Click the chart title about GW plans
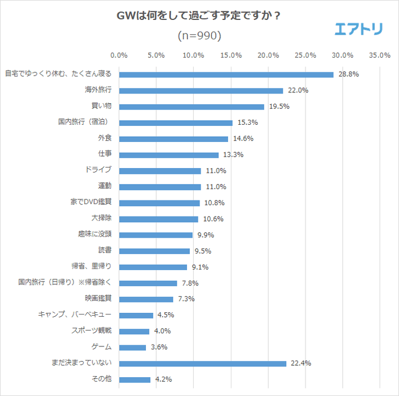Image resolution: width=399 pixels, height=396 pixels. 199,15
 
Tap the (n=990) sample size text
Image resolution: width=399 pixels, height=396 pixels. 199,35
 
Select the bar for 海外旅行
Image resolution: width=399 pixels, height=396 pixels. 201,91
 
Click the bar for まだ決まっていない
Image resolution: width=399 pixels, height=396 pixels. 202,364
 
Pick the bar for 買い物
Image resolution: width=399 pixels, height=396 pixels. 192,107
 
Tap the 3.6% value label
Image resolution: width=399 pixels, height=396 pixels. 160,347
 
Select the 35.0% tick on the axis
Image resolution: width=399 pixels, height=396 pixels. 380,55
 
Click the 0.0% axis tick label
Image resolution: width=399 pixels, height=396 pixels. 119,55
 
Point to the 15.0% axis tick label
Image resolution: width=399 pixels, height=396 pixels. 231,55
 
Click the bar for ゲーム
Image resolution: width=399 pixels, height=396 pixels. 132,347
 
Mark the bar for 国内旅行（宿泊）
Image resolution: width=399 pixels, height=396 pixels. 176,123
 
